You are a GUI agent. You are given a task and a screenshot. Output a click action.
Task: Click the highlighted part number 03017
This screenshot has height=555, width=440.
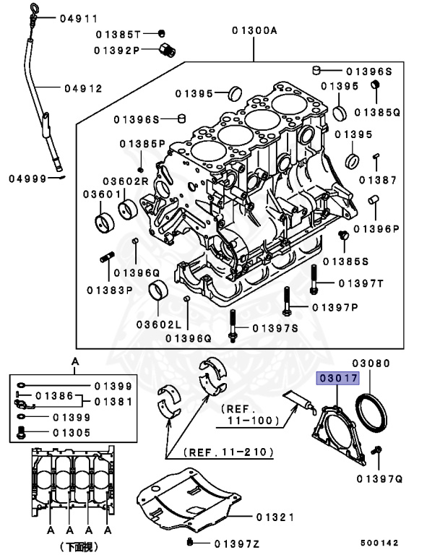334,378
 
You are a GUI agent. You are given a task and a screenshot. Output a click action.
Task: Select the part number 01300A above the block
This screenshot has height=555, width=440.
254,30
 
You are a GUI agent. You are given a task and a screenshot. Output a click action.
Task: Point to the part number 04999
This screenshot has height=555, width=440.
27,177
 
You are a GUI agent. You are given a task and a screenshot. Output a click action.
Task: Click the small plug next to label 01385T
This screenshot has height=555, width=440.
163,33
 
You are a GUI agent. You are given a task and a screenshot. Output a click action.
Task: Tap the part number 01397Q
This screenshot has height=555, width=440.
379,478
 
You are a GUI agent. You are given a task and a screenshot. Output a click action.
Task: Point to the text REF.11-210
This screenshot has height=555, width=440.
229,452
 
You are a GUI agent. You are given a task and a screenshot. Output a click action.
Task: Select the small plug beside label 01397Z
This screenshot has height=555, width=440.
189,542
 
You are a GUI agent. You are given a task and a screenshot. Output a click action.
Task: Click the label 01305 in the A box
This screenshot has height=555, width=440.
71,433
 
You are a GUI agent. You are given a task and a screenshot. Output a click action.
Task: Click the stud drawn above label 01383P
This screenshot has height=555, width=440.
108,257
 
